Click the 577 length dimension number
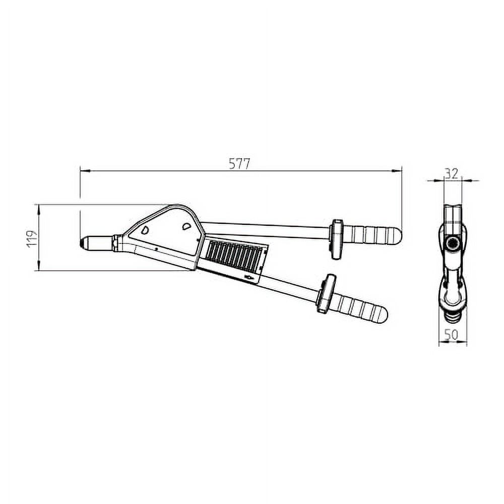pos(239,164)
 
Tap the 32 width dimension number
pos(452,174)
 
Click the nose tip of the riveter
pos(82,242)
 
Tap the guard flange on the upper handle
pos(336,239)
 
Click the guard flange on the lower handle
pos(325,293)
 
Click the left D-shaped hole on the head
pos(145,230)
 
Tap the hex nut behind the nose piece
pos(115,243)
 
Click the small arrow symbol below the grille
pos(248,277)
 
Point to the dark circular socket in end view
pos(452,244)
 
